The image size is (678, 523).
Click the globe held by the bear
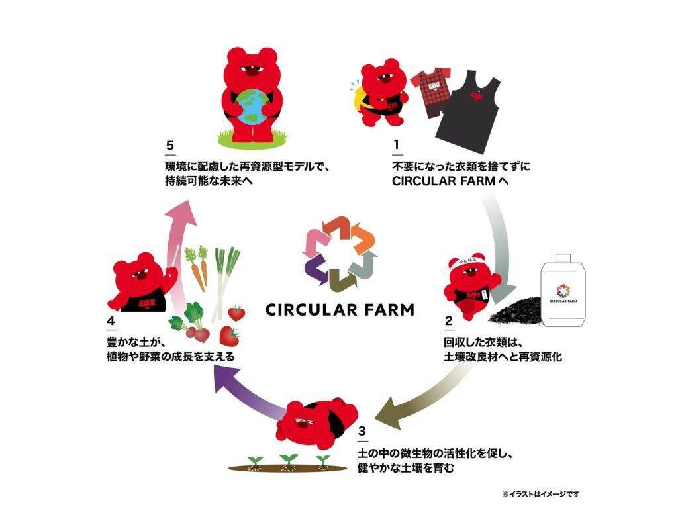[258, 107]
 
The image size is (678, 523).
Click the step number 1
[395, 144]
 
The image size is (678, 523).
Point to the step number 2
[449, 322]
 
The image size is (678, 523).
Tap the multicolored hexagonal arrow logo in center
[339, 254]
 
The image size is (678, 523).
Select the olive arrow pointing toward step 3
[424, 391]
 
